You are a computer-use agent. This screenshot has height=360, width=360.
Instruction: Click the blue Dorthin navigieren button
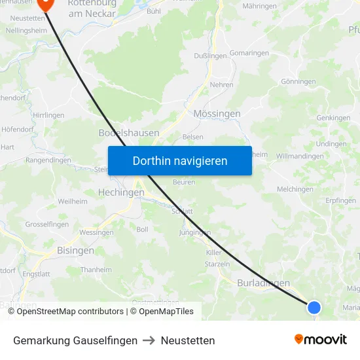(x=180, y=160)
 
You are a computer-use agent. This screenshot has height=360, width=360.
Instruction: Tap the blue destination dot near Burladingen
(x=314, y=307)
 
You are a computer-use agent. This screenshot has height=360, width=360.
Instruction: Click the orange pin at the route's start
(x=45, y=4)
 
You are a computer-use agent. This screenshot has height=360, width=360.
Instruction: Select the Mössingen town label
(x=217, y=113)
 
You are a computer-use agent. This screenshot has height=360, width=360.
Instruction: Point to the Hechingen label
(x=120, y=192)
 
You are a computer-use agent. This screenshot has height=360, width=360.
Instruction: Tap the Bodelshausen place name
(x=128, y=133)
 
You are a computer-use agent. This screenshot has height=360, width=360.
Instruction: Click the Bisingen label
(x=75, y=250)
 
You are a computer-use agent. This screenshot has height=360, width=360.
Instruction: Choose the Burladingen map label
(x=263, y=283)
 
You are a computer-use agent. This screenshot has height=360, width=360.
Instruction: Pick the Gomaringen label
(x=249, y=52)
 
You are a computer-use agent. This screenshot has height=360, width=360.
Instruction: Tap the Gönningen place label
(x=298, y=82)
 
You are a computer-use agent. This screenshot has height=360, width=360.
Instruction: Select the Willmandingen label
(x=300, y=156)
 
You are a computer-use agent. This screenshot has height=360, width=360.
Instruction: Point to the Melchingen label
(x=295, y=189)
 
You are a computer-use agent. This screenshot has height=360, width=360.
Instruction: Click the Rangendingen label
(x=48, y=160)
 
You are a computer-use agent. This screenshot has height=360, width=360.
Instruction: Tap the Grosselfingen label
(x=46, y=224)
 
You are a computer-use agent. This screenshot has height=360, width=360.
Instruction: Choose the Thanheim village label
(x=96, y=270)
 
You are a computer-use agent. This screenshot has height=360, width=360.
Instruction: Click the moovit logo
(x=321, y=340)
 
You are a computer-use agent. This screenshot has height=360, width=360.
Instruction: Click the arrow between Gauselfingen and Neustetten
(x=149, y=340)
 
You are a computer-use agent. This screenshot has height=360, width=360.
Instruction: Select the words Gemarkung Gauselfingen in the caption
(x=75, y=340)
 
